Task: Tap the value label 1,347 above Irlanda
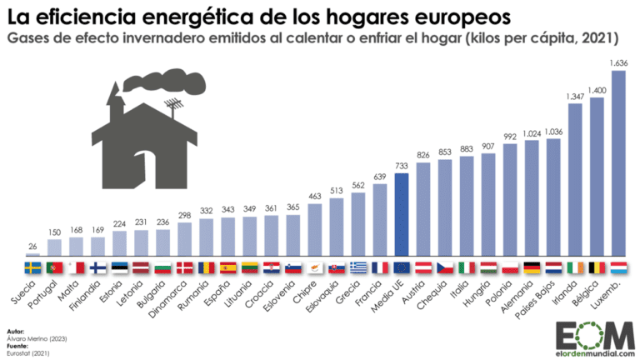(574, 97)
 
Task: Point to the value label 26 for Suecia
(32, 247)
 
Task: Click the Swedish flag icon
(32, 267)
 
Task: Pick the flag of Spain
(228, 267)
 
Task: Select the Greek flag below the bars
(358, 267)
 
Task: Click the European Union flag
(402, 267)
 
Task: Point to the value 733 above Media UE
(402, 167)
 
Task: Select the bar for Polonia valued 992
(510, 200)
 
